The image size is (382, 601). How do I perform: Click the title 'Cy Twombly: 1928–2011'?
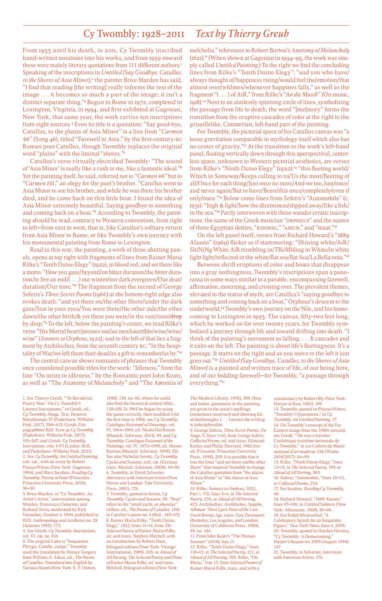click(133, 34)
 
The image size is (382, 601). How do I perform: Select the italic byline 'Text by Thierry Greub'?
click(242, 34)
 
